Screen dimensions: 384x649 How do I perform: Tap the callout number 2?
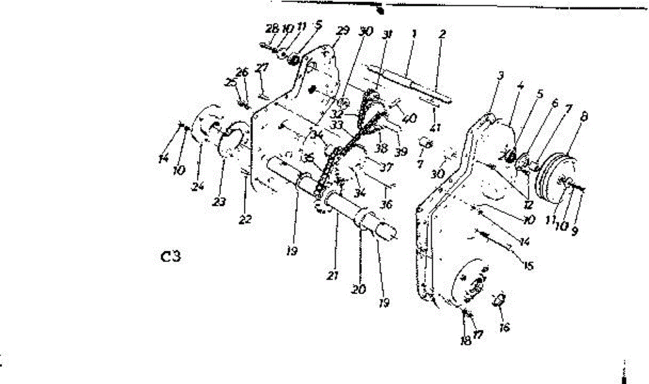442,34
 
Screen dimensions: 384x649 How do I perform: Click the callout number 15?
528,266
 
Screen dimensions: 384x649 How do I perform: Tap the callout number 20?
358,289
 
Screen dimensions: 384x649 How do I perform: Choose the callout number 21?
332,276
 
